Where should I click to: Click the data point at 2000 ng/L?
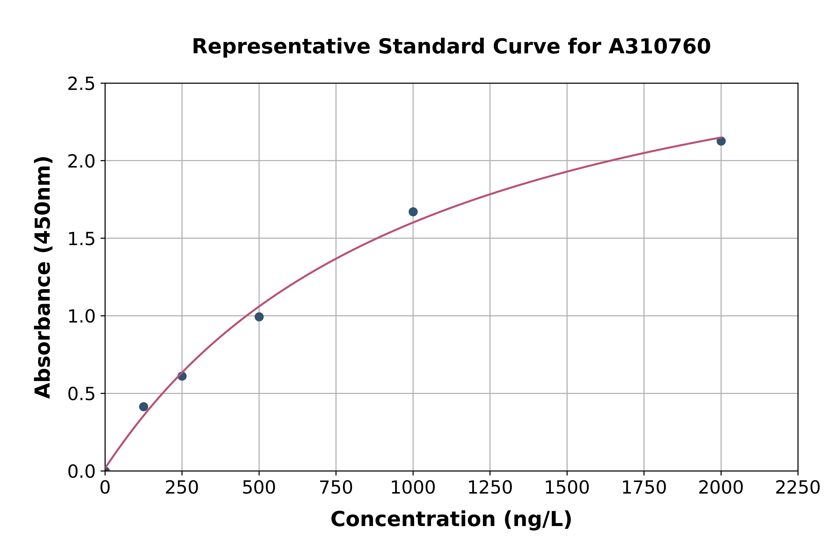721,141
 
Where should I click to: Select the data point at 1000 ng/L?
413,212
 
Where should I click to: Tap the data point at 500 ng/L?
259,317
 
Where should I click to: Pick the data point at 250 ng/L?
182,376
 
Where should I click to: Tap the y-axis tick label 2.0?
81,162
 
